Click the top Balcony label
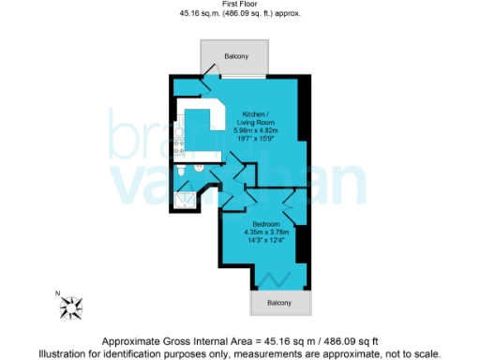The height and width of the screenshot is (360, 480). pyautogui.click(x=235, y=56)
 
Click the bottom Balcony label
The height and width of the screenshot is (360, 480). pyautogui.click(x=278, y=303)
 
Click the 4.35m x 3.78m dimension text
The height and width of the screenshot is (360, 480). pyautogui.click(x=263, y=232)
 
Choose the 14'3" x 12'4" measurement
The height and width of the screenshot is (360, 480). pyautogui.click(x=263, y=241)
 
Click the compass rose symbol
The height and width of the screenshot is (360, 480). pyautogui.click(x=72, y=304)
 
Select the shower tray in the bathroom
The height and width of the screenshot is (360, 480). pyautogui.click(x=185, y=196)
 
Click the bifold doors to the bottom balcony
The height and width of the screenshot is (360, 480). pyautogui.click(x=278, y=280)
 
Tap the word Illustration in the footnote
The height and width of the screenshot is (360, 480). pyautogui.click(x=64, y=352)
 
